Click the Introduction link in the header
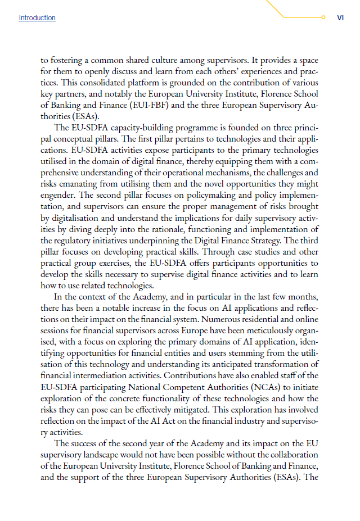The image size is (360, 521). tap(37, 18)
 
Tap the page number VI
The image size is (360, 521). tap(340, 18)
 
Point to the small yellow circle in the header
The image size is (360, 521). tap(323, 18)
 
